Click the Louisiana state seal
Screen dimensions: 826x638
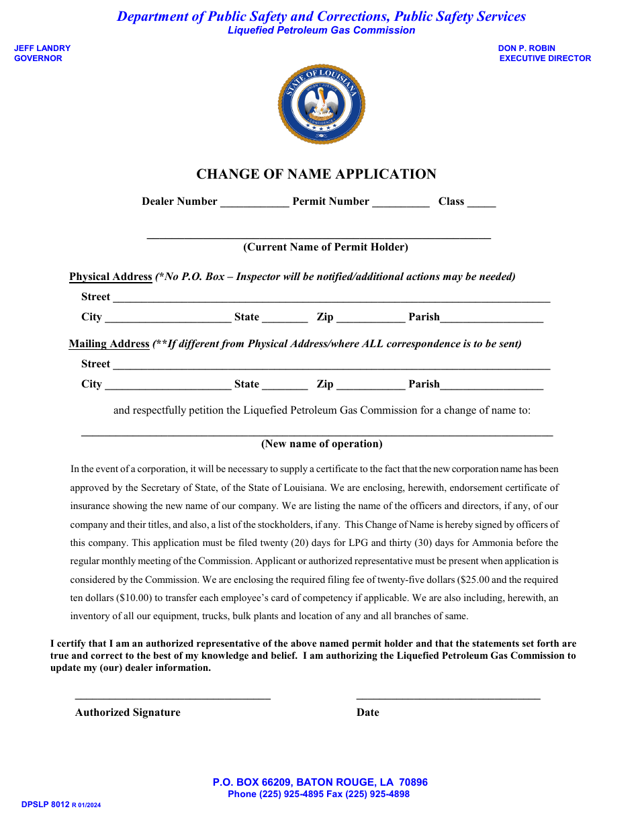click(x=321, y=104)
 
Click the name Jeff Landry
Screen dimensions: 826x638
click(x=42, y=48)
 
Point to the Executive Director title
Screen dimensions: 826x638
click(x=545, y=58)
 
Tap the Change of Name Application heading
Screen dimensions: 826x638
click(x=316, y=174)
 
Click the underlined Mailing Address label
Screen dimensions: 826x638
click(x=109, y=344)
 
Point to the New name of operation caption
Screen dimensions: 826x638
click(x=322, y=444)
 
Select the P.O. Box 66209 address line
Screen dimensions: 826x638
click(x=320, y=782)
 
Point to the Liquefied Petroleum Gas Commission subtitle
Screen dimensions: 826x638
click(x=321, y=30)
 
